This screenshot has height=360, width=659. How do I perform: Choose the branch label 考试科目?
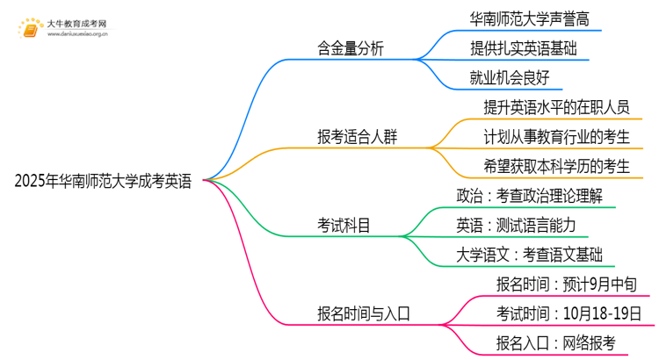point(344,226)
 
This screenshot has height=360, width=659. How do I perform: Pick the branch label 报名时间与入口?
point(364,313)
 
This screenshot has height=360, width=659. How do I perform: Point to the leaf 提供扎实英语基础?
point(524,47)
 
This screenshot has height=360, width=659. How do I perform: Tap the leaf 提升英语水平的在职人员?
point(556,107)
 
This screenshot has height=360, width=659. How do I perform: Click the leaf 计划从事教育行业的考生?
point(557,137)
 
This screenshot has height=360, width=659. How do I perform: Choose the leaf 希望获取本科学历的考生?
point(556,167)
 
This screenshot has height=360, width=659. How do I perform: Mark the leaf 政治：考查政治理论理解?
point(529,196)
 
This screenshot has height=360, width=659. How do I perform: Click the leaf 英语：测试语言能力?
point(516,226)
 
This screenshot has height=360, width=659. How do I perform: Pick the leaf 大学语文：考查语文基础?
point(529,256)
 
